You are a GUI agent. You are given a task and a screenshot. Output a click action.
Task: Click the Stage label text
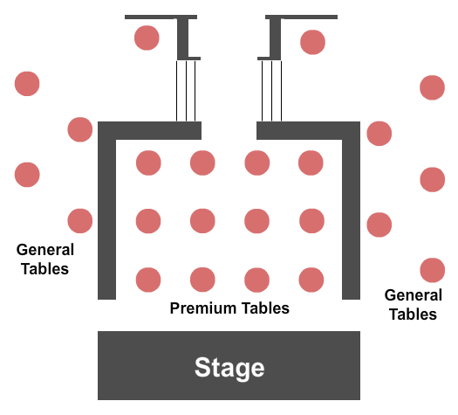[229, 367]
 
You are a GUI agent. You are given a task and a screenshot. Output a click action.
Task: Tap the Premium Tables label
[229, 308]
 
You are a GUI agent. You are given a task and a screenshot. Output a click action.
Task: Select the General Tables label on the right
[413, 305]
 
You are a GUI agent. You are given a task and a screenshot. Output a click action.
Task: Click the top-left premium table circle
[148, 163]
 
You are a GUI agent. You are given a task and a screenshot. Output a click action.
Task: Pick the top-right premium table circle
[311, 163]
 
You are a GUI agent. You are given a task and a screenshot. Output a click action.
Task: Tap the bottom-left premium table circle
[148, 280]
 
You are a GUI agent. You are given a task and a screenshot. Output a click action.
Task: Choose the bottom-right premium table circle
[311, 280]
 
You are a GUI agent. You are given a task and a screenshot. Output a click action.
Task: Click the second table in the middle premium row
[202, 221]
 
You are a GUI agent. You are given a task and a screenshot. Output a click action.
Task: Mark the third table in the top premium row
[256, 163]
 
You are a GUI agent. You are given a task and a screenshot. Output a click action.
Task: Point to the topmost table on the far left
[27, 84]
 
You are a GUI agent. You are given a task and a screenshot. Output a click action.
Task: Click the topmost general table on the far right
[432, 87]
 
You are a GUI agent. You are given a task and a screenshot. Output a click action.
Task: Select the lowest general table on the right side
[432, 270]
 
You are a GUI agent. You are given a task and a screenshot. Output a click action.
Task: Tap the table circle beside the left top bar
[147, 38]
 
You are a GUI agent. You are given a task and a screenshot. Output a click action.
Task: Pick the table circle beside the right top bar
[312, 41]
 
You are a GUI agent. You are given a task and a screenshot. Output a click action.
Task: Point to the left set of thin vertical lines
[186, 91]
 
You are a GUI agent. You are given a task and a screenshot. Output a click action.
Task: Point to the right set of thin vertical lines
[272, 91]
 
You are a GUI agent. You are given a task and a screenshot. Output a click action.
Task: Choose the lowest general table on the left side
[80, 221]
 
